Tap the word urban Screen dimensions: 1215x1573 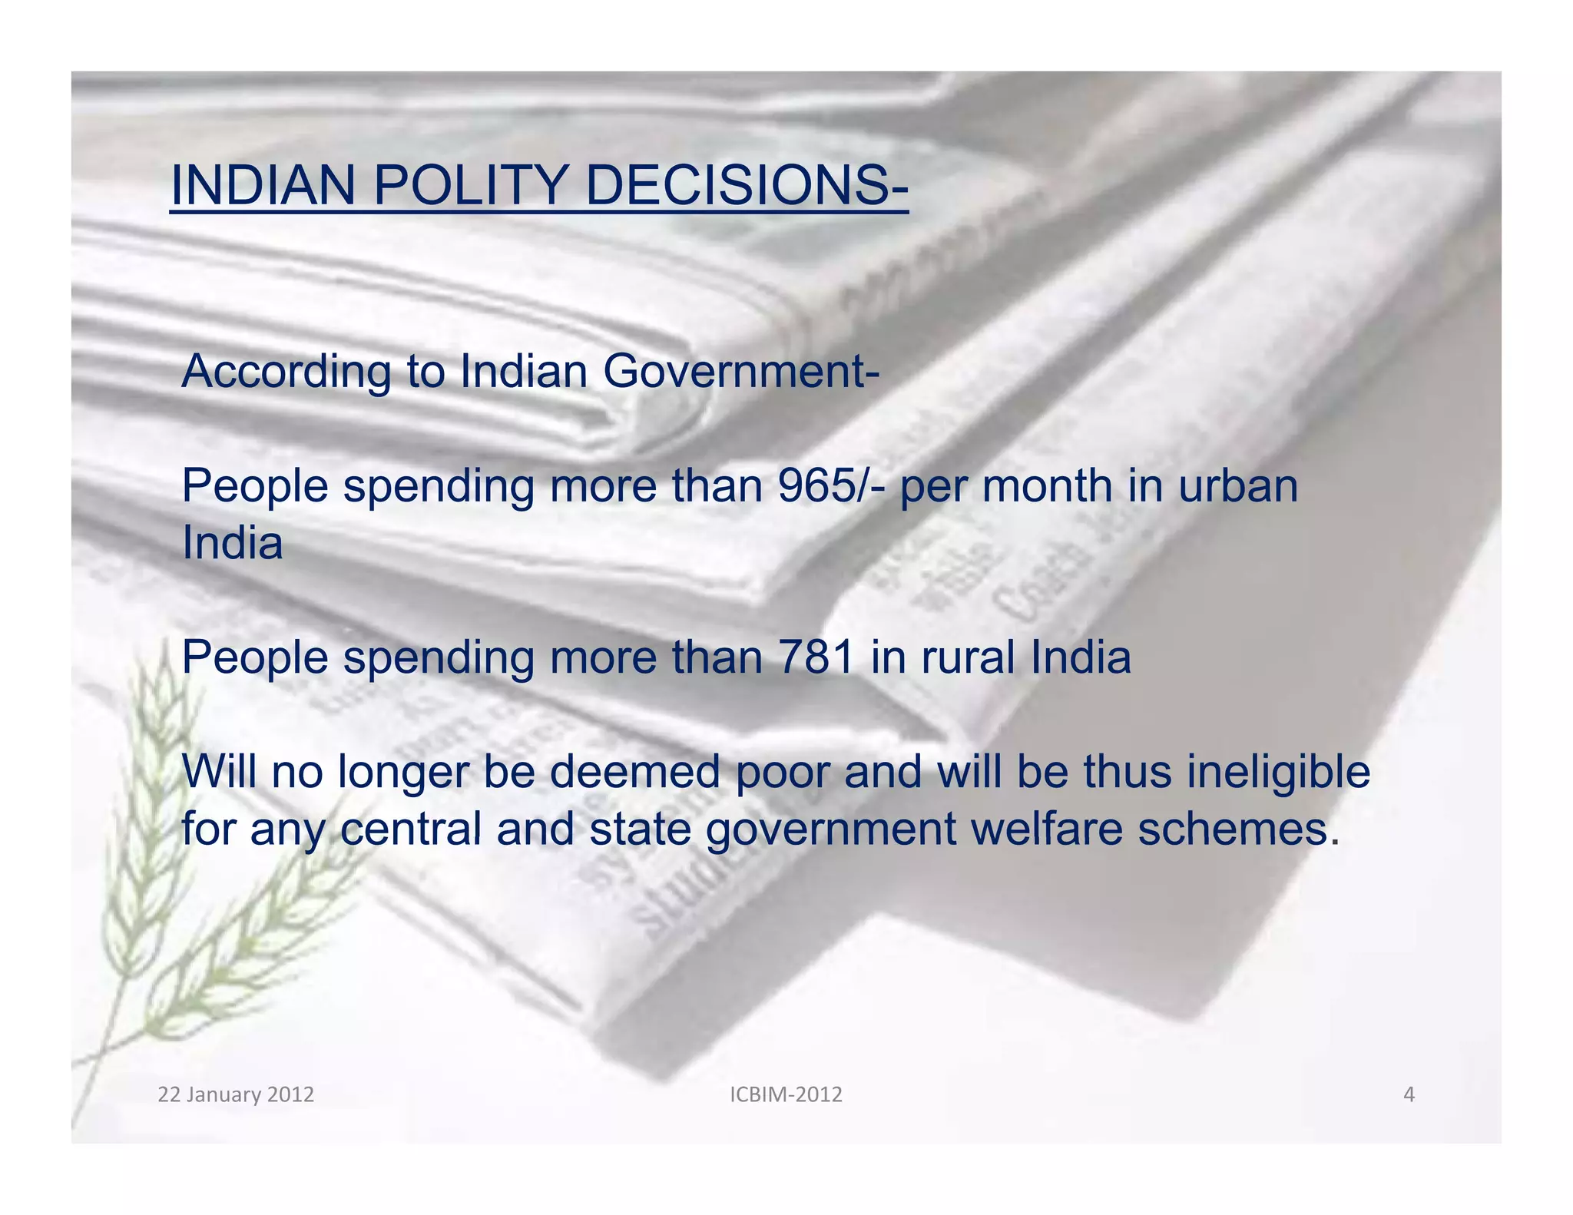(1237, 486)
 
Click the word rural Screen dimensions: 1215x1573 (968, 657)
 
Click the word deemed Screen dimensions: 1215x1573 (634, 772)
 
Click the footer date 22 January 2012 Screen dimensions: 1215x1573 (236, 1094)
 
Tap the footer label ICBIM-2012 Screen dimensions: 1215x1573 (786, 1094)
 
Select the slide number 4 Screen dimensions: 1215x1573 (1409, 1094)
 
